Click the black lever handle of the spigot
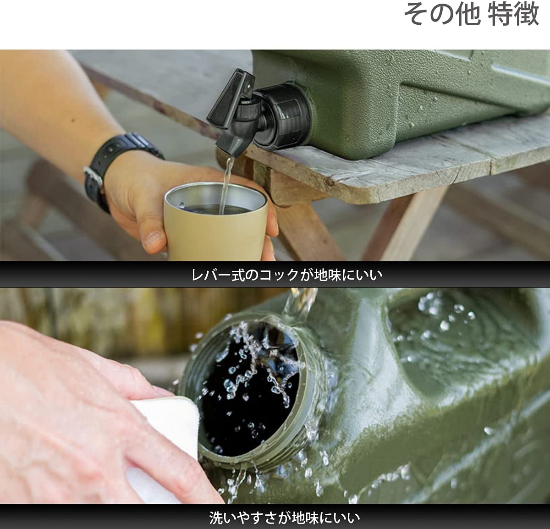(231, 97)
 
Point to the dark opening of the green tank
(249, 387)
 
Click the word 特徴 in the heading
(514, 15)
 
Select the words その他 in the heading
(443, 15)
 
